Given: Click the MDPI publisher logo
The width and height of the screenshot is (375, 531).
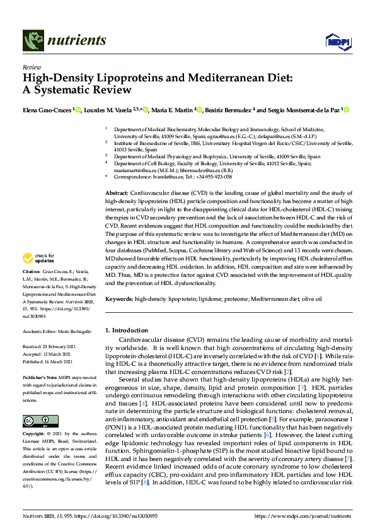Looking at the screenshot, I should click(337, 42).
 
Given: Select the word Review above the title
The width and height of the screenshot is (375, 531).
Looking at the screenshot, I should click(31, 66).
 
